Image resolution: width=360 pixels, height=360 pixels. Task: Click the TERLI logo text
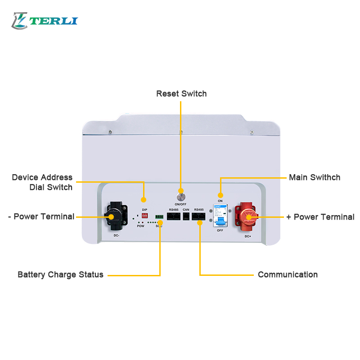[x=55, y=21]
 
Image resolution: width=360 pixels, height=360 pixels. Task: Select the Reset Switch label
[x=181, y=94]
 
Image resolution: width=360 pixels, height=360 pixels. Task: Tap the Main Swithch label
[x=315, y=177]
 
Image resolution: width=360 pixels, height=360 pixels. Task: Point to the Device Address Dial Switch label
[x=42, y=182]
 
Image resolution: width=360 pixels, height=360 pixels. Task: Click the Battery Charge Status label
[x=60, y=274]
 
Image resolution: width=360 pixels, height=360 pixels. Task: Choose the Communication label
[x=288, y=274]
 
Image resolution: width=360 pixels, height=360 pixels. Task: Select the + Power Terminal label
[x=320, y=217]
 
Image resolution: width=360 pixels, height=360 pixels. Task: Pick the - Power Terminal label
[x=41, y=216]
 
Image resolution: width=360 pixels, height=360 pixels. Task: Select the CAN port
[x=186, y=216]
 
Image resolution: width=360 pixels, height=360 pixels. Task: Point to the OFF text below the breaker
[x=220, y=230]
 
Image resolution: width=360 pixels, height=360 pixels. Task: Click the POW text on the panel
[x=141, y=226]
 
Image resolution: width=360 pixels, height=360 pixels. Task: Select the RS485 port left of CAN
[x=174, y=216]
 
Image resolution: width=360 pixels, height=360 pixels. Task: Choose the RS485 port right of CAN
[x=198, y=216]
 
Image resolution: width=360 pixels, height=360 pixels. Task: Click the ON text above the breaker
[x=220, y=201]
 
